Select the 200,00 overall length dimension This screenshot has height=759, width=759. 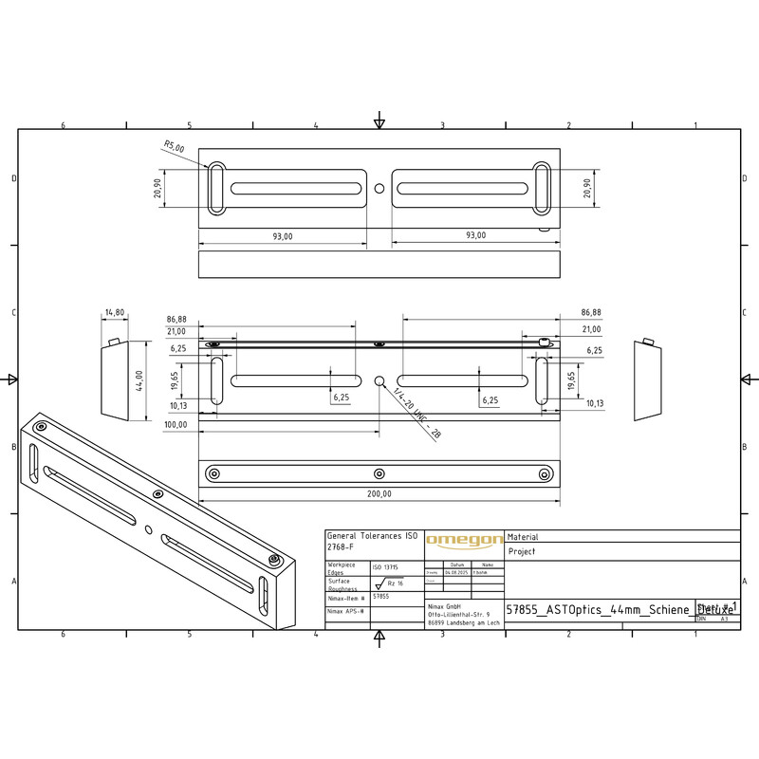[x=379, y=493]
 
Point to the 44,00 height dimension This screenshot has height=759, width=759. [x=139, y=380]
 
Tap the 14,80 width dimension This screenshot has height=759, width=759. [x=115, y=312]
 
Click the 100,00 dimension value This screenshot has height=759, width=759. [x=176, y=425]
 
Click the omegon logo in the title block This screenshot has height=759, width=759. [x=464, y=541]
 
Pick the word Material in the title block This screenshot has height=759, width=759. [x=524, y=537]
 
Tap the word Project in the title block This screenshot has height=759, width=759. [x=522, y=551]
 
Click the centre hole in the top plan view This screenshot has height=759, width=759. [x=379, y=188]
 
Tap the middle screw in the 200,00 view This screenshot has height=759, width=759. [x=379, y=472]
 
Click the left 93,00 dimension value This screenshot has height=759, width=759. [x=283, y=235]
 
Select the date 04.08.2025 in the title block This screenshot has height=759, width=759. [x=456, y=573]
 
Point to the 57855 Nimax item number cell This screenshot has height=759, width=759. [x=380, y=597]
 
